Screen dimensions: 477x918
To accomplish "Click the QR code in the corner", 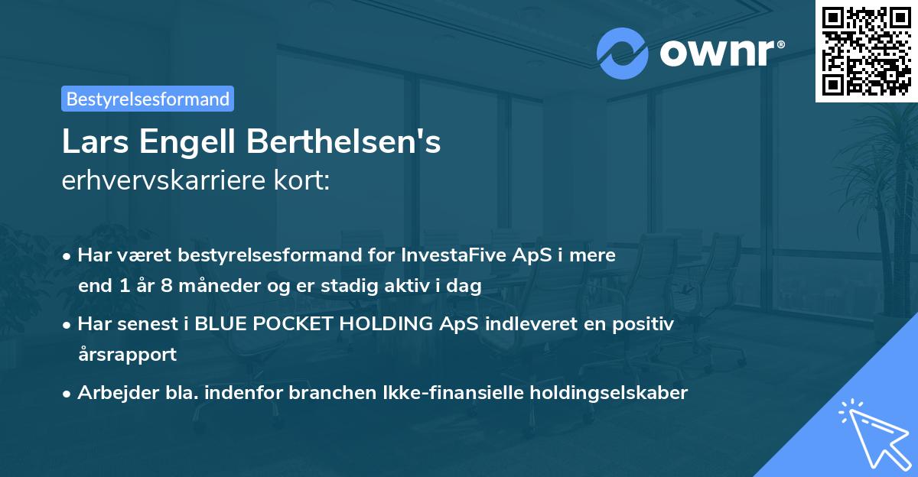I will [867, 50].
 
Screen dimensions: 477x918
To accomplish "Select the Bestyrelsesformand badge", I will [148, 99].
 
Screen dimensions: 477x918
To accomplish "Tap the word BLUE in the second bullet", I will [220, 324].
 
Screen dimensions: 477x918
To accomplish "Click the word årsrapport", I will [127, 355].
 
